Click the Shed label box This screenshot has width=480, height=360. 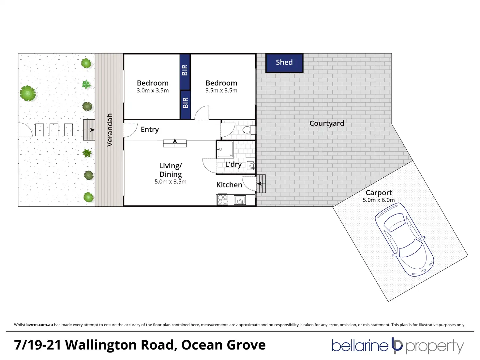[284, 63]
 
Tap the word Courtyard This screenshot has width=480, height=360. [326, 123]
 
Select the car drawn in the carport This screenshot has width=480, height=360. [404, 239]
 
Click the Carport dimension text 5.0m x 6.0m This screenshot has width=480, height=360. [379, 200]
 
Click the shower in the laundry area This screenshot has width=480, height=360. [225, 150]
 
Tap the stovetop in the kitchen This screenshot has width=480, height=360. [223, 200]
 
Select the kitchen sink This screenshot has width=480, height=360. [240, 200]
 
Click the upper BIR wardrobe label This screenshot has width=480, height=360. [185, 70]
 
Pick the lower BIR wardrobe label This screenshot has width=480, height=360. [186, 103]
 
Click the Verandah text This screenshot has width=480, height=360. [110, 130]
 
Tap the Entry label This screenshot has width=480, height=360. [150, 129]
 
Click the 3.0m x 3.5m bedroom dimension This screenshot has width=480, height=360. [153, 91]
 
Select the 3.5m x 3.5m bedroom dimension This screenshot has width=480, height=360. [221, 91]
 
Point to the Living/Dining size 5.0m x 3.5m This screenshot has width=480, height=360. [171, 182]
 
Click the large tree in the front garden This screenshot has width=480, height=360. [27, 93]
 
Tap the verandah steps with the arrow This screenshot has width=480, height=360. [89, 130]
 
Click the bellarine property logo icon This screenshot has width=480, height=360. [397, 346]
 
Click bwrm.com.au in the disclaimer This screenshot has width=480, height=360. [39, 325]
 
